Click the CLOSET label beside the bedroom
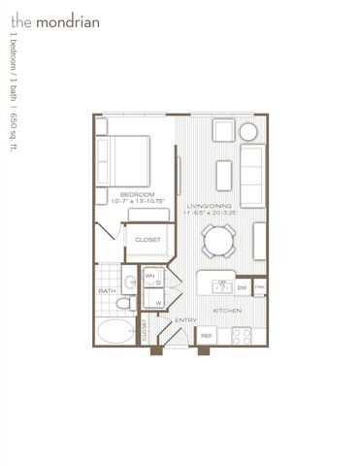147,238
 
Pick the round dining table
217,239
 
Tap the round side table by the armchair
249,131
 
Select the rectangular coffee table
222,173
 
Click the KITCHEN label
227,311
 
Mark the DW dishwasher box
243,286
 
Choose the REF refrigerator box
206,334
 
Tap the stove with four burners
241,335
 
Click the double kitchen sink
220,286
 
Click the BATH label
107,290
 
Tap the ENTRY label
186,319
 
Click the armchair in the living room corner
223,131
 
